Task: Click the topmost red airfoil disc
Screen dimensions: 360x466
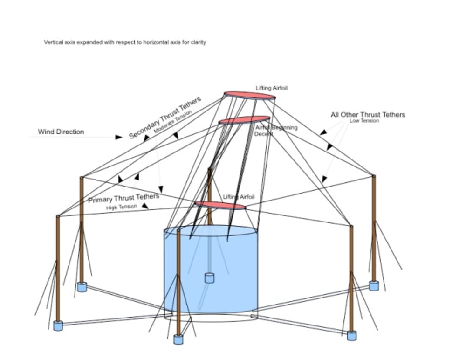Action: tap(250, 95)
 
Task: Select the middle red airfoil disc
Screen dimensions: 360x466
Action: tap(244, 120)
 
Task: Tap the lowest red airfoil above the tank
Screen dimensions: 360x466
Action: tap(220, 205)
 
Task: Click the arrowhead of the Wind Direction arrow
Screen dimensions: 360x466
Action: tap(119, 137)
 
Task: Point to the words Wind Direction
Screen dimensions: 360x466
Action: tap(61, 132)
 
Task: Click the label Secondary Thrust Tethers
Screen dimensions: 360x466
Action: tap(165, 118)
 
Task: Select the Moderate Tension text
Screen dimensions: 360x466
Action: tap(173, 122)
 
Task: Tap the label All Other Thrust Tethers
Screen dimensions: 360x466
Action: tap(368, 115)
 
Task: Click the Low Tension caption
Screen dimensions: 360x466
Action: tap(364, 121)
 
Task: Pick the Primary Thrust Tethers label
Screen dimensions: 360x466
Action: tap(123, 198)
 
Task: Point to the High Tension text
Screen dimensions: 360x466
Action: tap(122, 207)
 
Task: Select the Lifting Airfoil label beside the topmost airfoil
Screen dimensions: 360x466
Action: tap(271, 88)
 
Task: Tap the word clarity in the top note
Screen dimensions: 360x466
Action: tap(198, 42)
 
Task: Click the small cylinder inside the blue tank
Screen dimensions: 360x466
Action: tap(209, 278)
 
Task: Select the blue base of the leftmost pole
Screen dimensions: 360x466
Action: tap(58, 325)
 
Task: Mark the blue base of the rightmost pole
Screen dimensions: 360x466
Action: tap(374, 285)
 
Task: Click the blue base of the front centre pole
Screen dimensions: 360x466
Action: tap(178, 339)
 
